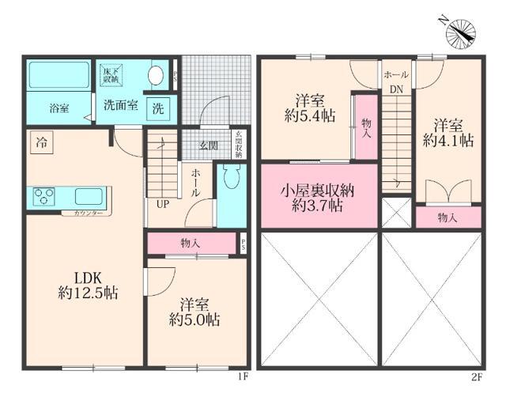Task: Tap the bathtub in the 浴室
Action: (x=61, y=77)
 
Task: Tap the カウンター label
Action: (x=88, y=214)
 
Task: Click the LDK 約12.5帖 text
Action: (x=87, y=285)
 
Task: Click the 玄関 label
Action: (x=208, y=145)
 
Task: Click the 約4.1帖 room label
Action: (x=448, y=133)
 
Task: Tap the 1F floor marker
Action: (x=243, y=377)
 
